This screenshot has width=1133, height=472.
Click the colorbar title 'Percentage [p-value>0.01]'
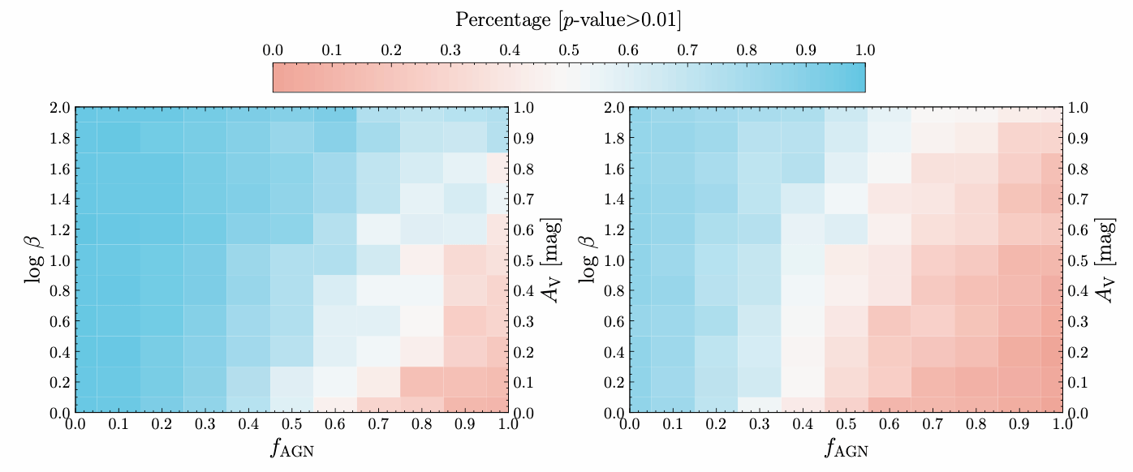[x=568, y=19]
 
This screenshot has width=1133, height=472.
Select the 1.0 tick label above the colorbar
[x=865, y=50]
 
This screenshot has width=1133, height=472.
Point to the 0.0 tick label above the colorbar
[x=273, y=50]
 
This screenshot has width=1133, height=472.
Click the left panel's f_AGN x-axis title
[x=291, y=448]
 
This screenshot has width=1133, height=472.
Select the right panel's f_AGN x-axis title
[x=846, y=448]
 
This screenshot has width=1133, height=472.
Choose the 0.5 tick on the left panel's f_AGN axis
[x=291, y=424]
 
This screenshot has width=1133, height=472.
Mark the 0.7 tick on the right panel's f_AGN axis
[x=933, y=424]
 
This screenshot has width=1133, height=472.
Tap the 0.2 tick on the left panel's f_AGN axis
[x=162, y=424]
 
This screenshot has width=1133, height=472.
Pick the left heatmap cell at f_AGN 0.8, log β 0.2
[x=421, y=382]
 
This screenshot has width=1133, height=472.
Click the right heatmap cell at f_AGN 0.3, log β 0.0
[x=760, y=405]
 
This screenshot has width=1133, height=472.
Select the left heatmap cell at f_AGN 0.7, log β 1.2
[x=378, y=230]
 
